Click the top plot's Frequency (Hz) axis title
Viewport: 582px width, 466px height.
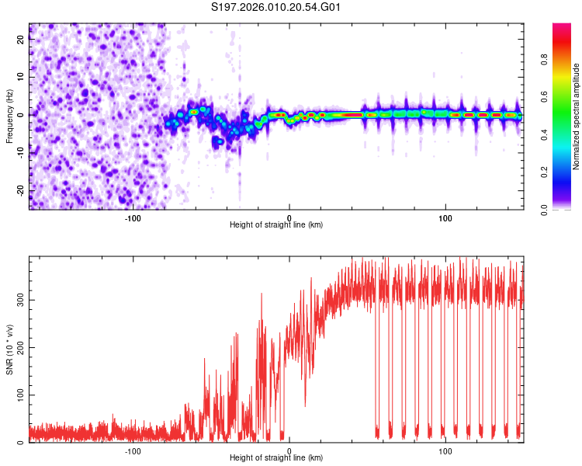tap(9, 116)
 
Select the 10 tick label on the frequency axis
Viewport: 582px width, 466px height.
tap(21, 78)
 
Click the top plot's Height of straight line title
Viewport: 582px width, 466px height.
tap(276, 224)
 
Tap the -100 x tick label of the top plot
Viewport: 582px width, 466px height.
tap(133, 217)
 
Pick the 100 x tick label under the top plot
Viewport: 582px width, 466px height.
tap(445, 217)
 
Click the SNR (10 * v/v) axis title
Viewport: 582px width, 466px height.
tap(9, 349)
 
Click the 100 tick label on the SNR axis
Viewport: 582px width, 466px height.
tap(21, 395)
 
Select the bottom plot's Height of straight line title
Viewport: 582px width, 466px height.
tap(276, 458)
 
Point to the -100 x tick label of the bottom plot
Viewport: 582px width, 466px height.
tap(133, 451)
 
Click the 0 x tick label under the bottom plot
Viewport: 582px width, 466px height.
tap(289, 451)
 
